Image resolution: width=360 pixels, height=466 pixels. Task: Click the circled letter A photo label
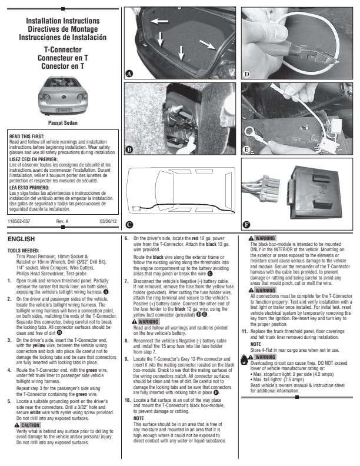pyautogui.click(x=129, y=74)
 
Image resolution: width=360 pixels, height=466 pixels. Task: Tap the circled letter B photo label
pyautogui.click(x=129, y=150)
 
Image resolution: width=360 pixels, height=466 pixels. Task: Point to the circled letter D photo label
pyautogui.click(x=247, y=74)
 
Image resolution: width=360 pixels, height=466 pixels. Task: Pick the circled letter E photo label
pyautogui.click(x=247, y=150)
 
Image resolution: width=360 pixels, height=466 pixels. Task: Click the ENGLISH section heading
pyautogui.click(x=22, y=240)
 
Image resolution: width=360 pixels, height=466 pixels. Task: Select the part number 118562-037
pyautogui.click(x=19, y=221)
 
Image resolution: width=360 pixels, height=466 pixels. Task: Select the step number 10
pyautogui.click(x=127, y=400)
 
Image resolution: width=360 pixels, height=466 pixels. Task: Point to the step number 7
pyautogui.click(x=127, y=281)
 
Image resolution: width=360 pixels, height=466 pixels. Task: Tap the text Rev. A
pyautogui.click(x=62, y=221)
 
